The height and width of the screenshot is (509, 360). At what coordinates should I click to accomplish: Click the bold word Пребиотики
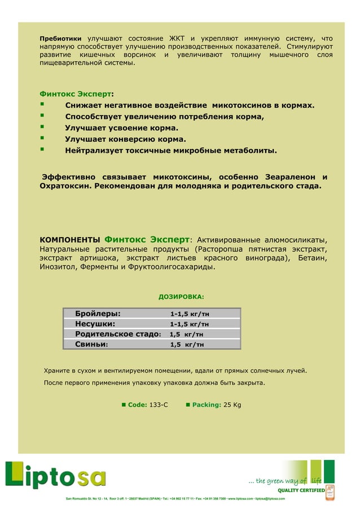(x=60, y=38)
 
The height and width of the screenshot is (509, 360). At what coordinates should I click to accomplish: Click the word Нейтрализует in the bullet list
(x=95, y=151)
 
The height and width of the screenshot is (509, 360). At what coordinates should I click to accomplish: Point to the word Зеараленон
(x=284, y=177)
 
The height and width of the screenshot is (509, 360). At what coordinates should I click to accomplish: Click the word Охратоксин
(x=65, y=186)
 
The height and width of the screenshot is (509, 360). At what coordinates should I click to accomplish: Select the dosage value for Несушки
(x=190, y=324)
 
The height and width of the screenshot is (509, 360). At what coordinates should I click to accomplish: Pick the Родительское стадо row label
(x=118, y=334)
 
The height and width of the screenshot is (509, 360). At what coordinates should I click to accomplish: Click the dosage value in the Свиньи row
(x=187, y=344)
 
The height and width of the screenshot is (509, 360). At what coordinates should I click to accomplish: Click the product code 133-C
(x=159, y=405)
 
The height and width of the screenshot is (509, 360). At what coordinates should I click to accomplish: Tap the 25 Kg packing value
(x=232, y=405)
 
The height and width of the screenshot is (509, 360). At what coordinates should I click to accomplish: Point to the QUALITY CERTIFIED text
(x=300, y=490)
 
